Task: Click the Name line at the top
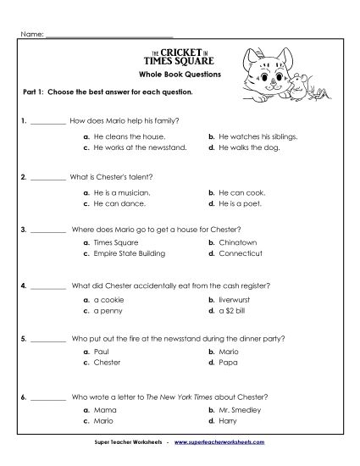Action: tap(110, 36)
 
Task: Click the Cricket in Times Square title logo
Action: tap(180, 56)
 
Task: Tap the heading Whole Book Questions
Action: tap(179, 75)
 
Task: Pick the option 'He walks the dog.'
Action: tap(250, 147)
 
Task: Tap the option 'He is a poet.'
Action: tap(243, 204)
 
